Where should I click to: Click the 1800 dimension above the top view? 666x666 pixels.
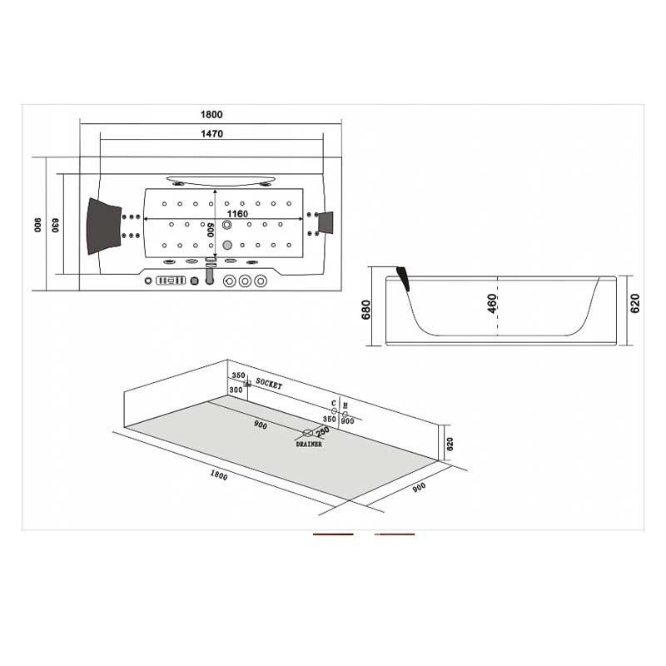coord(211,114)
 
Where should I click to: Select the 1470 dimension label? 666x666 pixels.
coord(211,134)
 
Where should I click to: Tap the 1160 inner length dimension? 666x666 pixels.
coord(237,214)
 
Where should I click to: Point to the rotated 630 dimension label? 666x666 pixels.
coord(55,225)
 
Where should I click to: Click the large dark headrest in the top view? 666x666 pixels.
coord(103,226)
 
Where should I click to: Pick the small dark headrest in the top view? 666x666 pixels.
coord(326,222)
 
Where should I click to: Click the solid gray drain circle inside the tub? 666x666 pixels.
coord(227,245)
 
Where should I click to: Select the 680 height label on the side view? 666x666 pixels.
coord(365,310)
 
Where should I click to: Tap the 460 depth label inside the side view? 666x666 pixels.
coord(492,303)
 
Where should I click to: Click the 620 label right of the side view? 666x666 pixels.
coord(634,303)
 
